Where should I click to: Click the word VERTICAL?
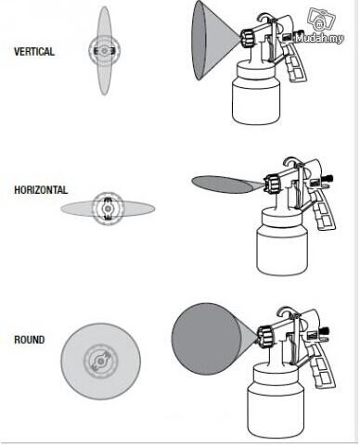[34, 51]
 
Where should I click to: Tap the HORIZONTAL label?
[41, 190]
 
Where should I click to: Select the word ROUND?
[30, 339]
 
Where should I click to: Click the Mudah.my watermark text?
[319, 38]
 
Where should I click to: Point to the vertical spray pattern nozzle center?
[104, 51]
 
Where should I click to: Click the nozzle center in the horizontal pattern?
[108, 209]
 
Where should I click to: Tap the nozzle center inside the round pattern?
[100, 361]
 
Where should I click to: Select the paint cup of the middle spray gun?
[282, 242]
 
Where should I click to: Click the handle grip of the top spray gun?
[294, 63]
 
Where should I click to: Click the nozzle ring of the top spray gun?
[248, 38]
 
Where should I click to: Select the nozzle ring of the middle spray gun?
[272, 184]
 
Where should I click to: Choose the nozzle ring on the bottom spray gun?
[264, 338]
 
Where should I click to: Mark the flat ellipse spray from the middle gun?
[225, 185]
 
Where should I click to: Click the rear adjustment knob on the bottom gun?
[326, 331]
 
